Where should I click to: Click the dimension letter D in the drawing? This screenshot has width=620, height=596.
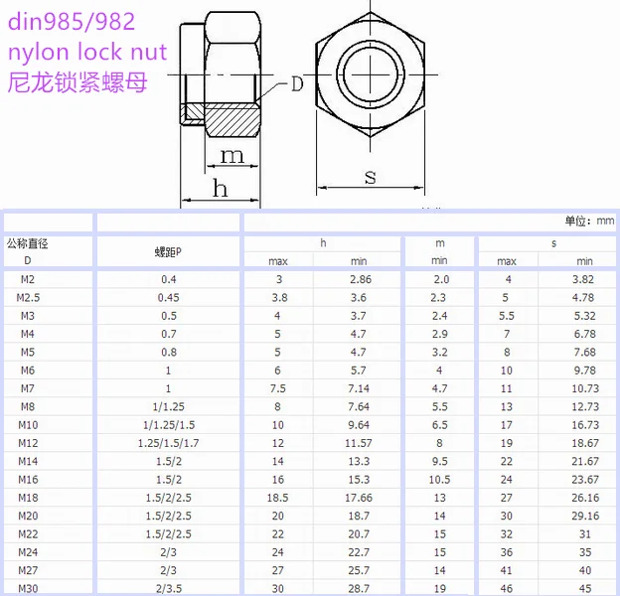[296, 83]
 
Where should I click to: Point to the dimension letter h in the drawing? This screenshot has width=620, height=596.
[220, 187]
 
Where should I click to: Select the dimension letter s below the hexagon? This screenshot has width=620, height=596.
[370, 176]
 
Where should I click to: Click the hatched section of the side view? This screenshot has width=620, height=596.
[232, 123]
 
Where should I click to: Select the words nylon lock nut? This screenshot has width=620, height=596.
[86, 51]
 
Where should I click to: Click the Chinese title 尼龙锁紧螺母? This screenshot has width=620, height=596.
[77, 82]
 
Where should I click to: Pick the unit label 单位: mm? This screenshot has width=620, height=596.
[590, 222]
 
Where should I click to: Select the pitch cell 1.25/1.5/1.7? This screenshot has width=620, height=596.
[170, 443]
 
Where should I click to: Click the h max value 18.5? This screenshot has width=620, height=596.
[278, 498]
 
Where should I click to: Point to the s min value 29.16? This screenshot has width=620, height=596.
[585, 517]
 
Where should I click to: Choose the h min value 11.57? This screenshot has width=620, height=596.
[359, 443]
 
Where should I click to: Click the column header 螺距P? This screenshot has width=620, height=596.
[169, 251]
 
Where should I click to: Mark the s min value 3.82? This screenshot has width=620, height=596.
[584, 279]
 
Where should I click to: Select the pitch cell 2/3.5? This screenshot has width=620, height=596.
[170, 589]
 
